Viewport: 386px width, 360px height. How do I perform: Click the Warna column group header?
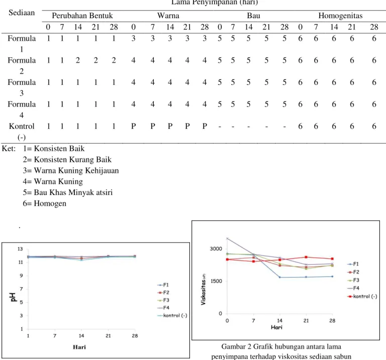168,16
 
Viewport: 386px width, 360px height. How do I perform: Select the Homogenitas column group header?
340,16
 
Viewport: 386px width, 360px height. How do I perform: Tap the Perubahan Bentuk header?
82,16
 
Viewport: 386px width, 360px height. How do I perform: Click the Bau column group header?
253,16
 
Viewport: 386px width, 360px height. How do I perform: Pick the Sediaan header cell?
22,13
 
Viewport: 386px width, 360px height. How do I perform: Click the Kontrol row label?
22,132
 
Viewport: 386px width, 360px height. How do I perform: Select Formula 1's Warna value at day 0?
133,38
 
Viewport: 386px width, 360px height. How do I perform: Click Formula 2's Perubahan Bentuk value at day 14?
78,60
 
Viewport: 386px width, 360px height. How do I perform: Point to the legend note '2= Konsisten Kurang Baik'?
67,159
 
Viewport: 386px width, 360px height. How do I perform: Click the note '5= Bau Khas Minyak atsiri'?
68,192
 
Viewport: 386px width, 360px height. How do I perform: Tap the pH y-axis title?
13,297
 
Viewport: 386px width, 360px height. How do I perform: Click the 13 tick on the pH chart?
20,249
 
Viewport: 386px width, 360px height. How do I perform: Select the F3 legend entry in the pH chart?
163,300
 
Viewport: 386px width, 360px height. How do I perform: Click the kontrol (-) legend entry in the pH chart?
172,315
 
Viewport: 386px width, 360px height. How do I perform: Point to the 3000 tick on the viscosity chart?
216,249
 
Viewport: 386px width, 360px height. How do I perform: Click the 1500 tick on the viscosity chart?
216,281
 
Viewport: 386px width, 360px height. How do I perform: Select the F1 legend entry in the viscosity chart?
353,264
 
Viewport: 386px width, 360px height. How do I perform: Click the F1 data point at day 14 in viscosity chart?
279,277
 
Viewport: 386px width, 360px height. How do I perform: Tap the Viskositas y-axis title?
204,289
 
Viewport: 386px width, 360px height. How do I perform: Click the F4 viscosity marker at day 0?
227,238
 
